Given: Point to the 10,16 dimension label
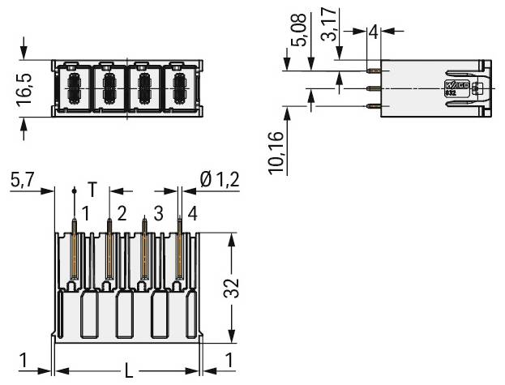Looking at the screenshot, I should coord(277,152).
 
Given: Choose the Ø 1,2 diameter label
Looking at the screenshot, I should coord(219,179).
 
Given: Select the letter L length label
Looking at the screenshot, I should coord(128,371).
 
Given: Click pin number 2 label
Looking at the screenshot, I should coord(121,213).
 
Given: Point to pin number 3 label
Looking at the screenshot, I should coord(157,213).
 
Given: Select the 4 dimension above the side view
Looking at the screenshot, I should coord(372,32).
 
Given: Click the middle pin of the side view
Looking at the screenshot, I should coord(374,88).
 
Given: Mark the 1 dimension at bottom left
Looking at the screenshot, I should coord(26,360).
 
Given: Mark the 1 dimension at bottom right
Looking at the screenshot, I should coord(231,360).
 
